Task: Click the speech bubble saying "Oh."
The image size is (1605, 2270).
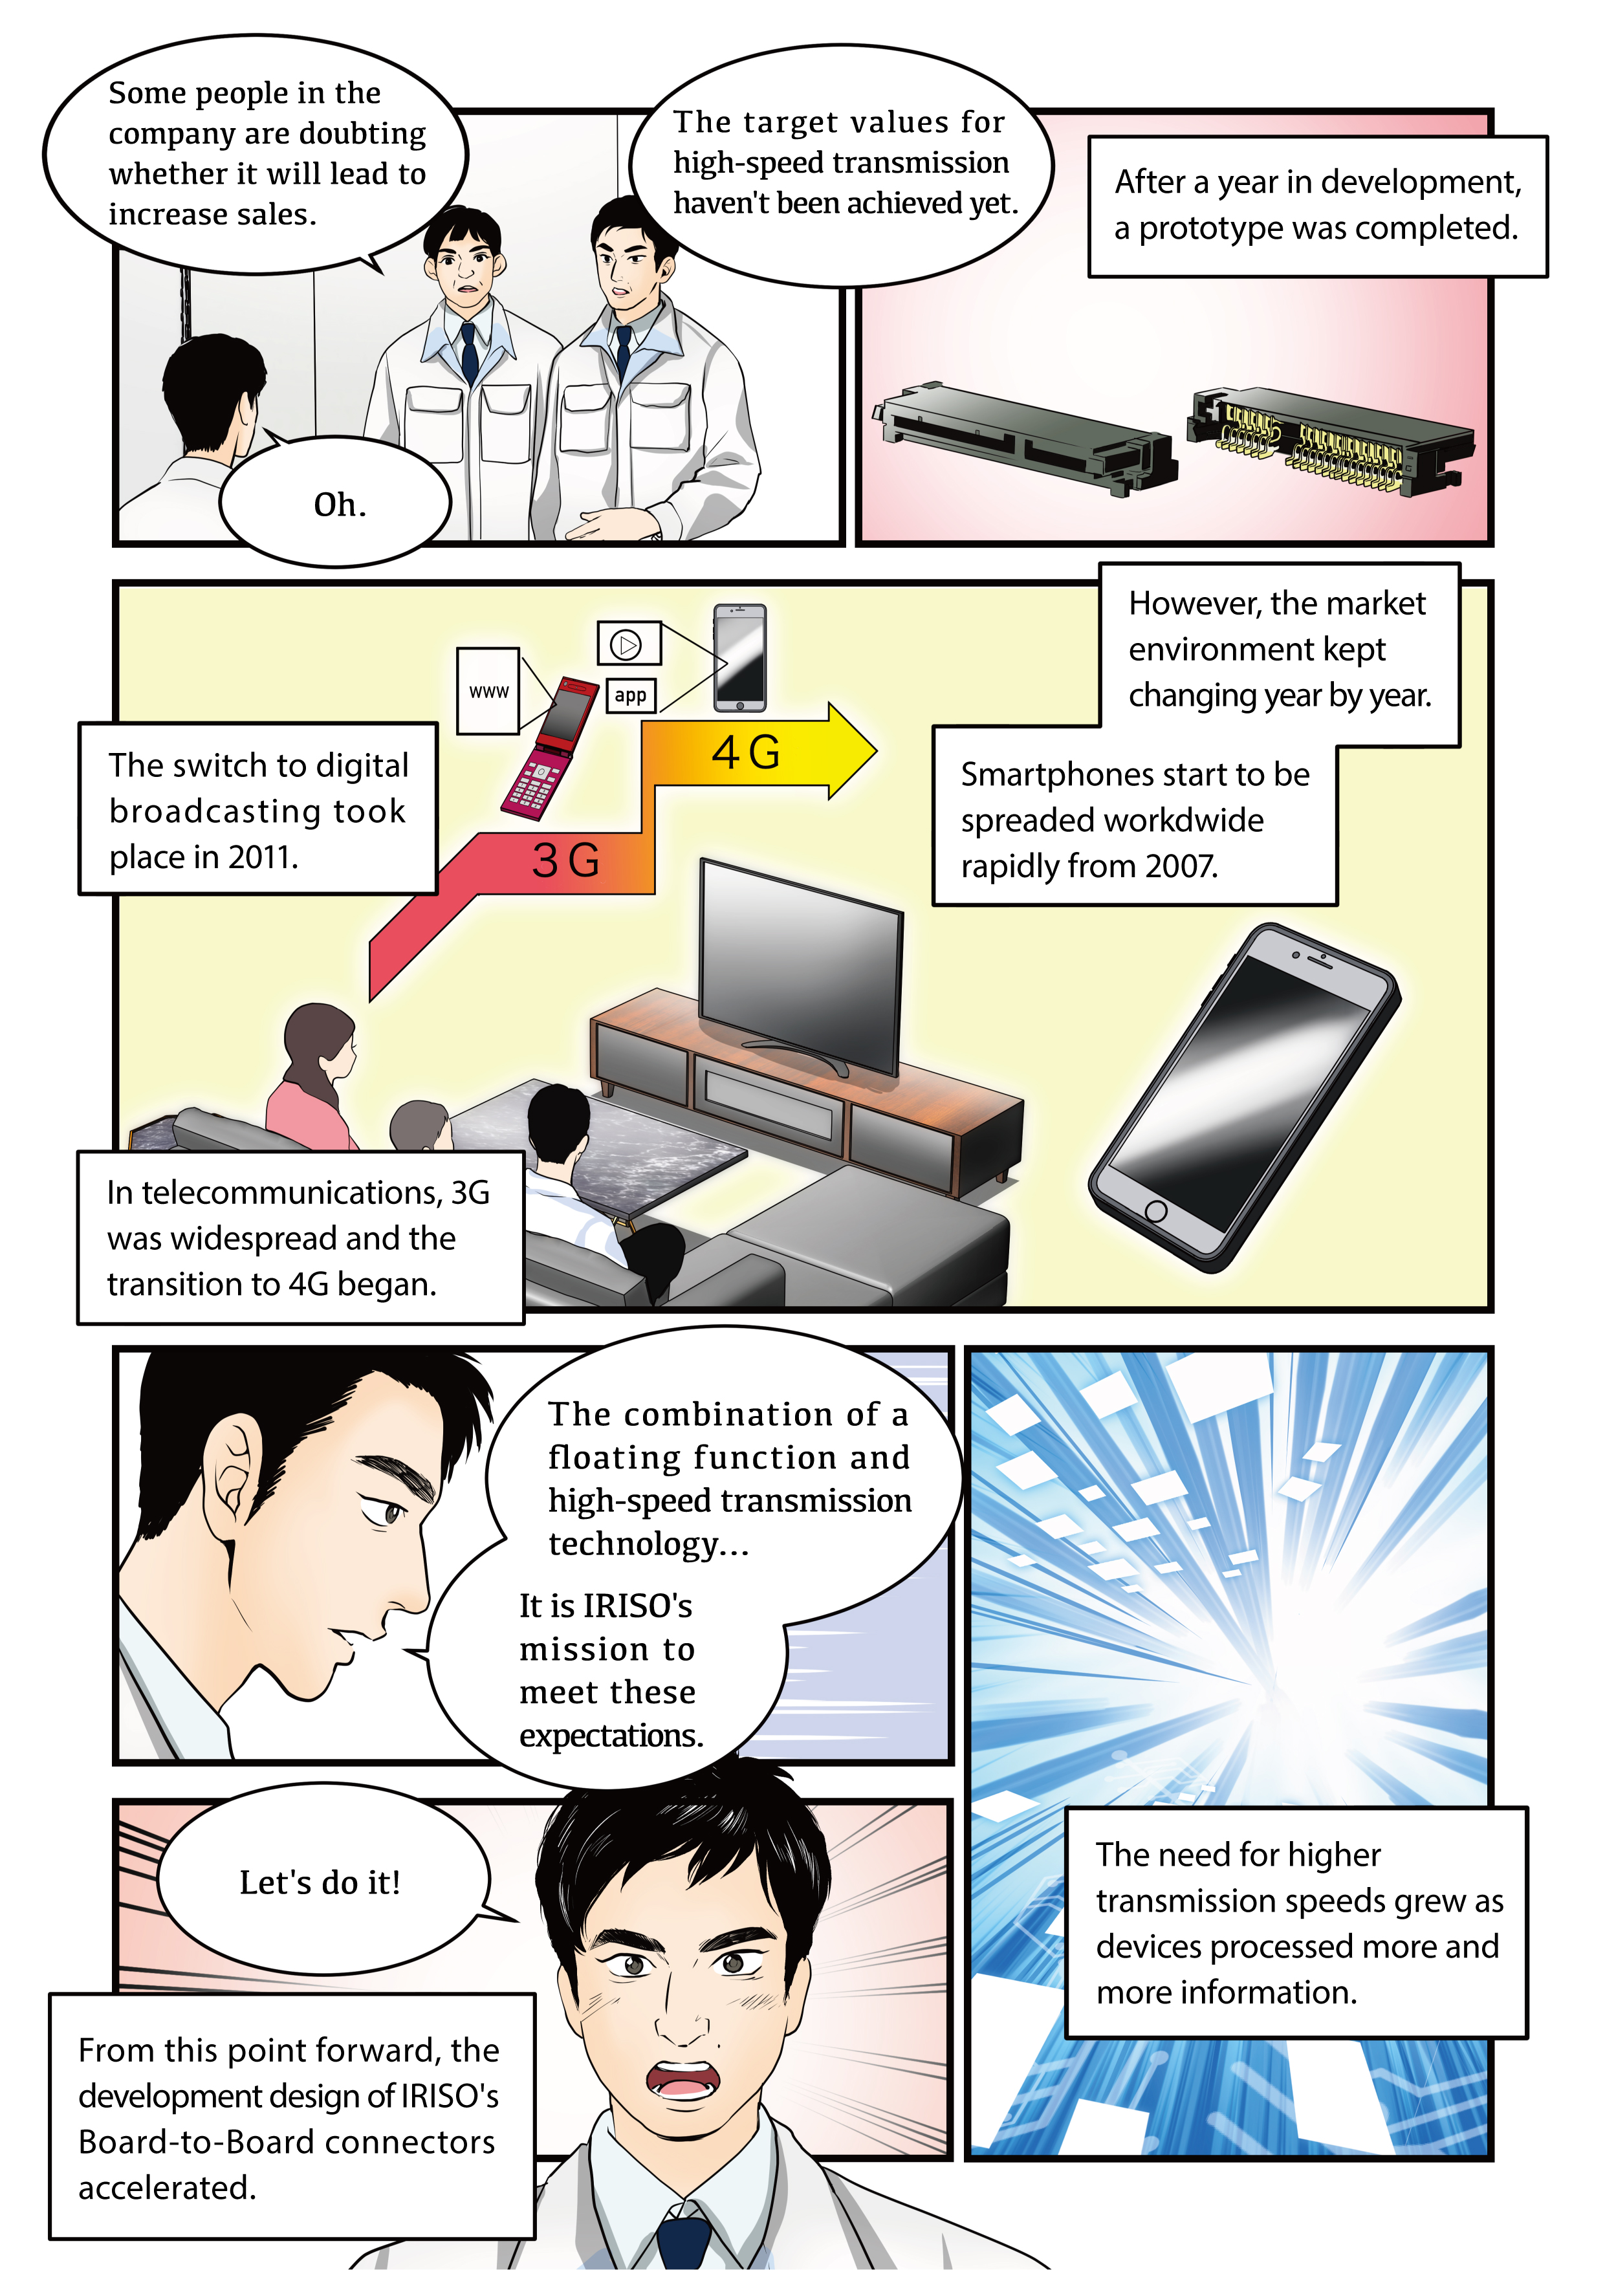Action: (x=336, y=502)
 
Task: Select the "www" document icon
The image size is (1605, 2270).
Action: (x=488, y=691)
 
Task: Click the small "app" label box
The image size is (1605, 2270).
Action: (x=631, y=695)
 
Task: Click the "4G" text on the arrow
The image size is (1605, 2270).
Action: (x=747, y=752)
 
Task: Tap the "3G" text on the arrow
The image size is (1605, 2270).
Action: (x=565, y=859)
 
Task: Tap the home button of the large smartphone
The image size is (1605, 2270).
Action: (x=1155, y=1210)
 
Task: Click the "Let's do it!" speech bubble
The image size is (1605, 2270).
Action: (x=322, y=1881)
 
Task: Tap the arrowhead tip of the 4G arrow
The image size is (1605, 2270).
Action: (x=875, y=752)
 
